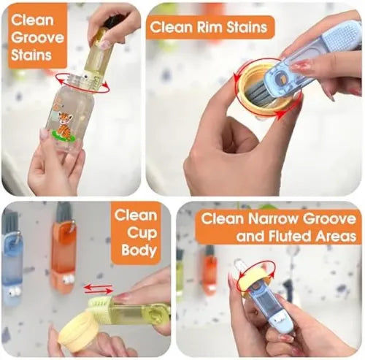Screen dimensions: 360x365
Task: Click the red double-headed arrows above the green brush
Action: point(98,289)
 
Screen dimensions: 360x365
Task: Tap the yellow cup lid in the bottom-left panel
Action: point(80,332)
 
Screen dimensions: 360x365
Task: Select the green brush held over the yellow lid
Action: point(127,311)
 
